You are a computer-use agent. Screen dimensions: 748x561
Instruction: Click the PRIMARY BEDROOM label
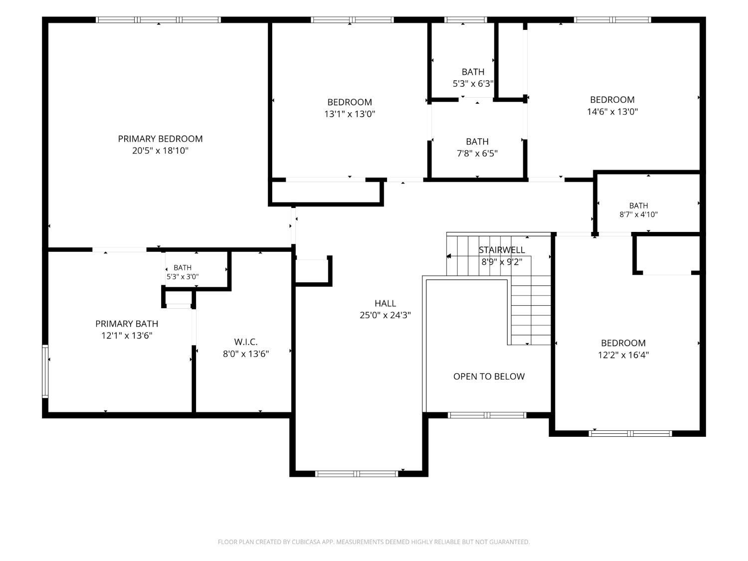click(160, 139)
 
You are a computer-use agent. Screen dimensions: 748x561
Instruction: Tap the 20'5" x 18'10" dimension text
click(160, 151)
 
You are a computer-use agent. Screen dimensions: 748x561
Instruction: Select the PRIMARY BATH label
click(127, 324)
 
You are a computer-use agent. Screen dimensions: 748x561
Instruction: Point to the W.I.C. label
click(246, 342)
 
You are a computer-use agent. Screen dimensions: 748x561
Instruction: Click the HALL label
click(385, 303)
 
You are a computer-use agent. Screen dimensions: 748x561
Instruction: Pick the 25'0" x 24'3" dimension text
click(385, 315)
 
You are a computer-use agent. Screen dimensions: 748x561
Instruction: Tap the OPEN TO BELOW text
click(489, 376)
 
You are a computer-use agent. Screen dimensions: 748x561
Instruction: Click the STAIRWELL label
click(502, 250)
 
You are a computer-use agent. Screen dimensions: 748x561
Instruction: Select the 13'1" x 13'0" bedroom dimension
click(350, 114)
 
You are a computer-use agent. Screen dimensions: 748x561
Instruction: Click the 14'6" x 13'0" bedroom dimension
click(612, 111)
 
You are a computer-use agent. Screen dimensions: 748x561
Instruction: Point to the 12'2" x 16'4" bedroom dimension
click(623, 355)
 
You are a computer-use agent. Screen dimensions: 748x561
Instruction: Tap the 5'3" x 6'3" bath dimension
click(473, 83)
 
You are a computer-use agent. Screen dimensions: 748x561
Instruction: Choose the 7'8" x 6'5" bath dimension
click(477, 153)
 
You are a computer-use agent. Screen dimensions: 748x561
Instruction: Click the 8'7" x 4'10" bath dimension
click(639, 214)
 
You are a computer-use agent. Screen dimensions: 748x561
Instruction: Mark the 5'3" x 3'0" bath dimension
click(183, 277)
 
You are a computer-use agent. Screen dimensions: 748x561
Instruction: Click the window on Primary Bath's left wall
click(45, 372)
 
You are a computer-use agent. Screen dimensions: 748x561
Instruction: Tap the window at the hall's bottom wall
click(357, 474)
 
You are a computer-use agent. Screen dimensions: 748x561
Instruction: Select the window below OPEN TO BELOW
click(487, 415)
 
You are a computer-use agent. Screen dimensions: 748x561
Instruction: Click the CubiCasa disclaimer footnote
click(374, 542)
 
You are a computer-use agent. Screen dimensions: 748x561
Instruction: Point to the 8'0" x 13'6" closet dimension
click(246, 354)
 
